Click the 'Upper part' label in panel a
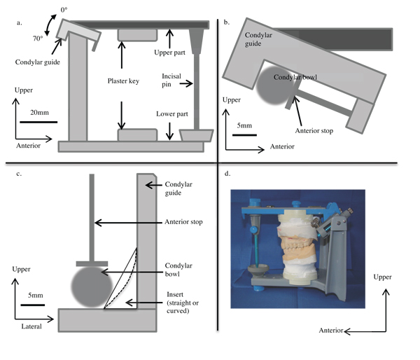[x=170, y=53]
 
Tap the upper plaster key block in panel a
[x=132, y=34]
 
